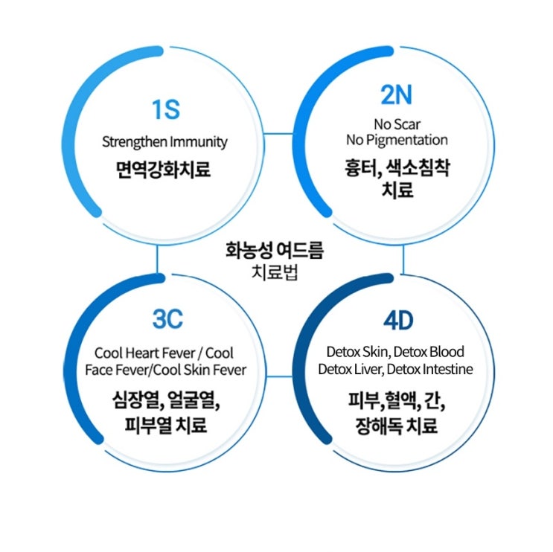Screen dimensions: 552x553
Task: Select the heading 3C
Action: tap(167, 320)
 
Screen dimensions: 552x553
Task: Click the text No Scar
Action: tap(397, 123)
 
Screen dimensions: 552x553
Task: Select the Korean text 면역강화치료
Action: tap(164, 170)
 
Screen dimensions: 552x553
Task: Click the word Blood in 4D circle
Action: tap(445, 351)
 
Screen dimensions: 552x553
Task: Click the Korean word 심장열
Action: tap(125, 402)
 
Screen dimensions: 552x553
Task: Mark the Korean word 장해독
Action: tap(382, 426)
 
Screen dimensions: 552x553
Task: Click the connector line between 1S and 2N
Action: tap(279, 134)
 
